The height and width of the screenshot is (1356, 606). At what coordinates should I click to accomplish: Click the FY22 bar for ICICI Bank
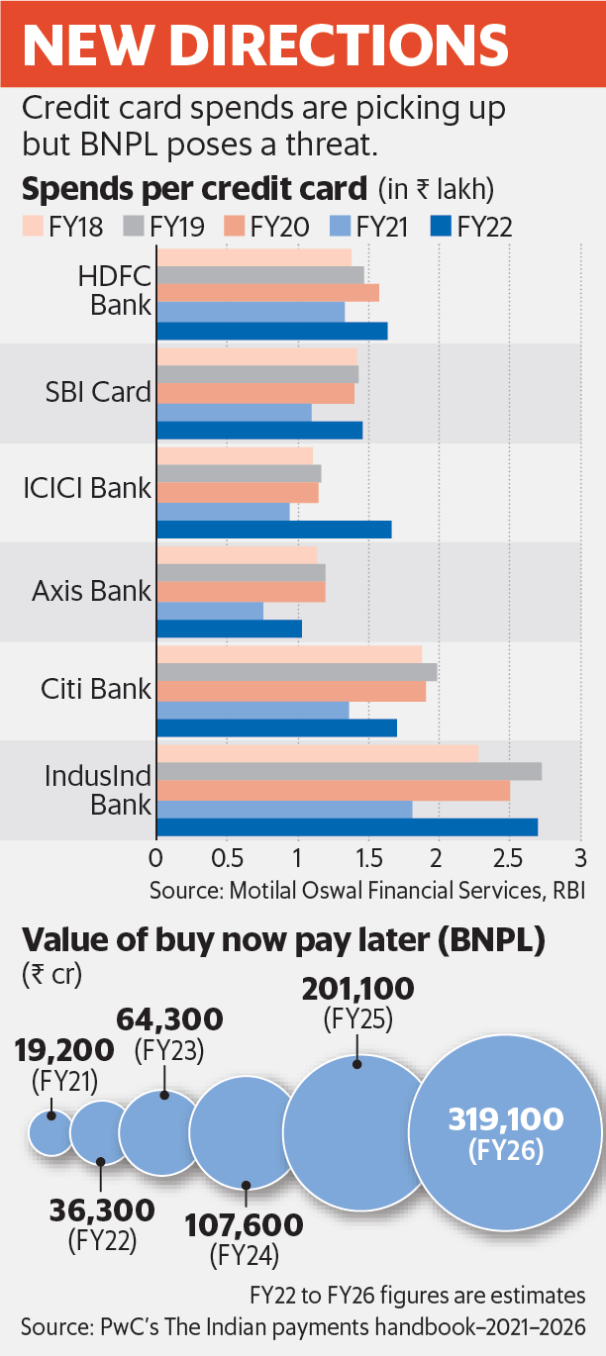tap(273, 530)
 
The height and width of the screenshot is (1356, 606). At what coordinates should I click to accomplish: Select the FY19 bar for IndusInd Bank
tap(349, 771)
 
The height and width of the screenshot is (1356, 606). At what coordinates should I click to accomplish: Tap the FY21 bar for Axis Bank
tap(210, 611)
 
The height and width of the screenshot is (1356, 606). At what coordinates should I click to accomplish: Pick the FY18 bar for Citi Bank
tap(289, 654)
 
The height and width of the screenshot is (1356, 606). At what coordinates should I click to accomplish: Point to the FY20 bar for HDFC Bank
tap(267, 293)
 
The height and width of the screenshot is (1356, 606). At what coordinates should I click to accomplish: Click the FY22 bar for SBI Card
tap(259, 430)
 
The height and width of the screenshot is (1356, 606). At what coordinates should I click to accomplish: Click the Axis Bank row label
tap(91, 591)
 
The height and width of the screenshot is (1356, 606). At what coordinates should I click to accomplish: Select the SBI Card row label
tap(96, 392)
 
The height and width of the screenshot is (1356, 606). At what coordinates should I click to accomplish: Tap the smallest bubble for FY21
tap(51, 1131)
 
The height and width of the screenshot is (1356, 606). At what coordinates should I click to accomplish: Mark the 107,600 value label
tap(244, 1225)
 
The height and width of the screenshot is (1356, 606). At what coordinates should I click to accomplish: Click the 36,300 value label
tap(102, 1210)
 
